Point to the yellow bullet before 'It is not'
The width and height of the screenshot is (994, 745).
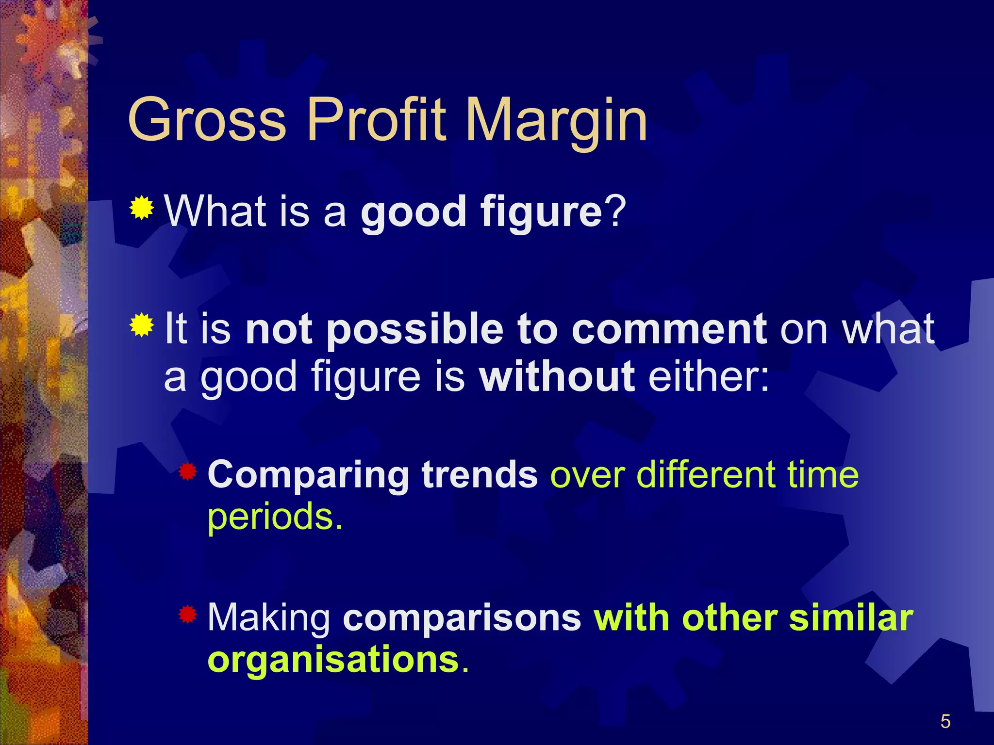tap(142, 325)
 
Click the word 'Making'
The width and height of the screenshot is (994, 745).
tap(269, 619)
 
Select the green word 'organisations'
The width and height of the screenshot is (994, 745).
tap(333, 660)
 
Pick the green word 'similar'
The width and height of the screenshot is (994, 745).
tap(851, 618)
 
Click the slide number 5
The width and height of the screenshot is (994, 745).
tap(945, 722)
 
